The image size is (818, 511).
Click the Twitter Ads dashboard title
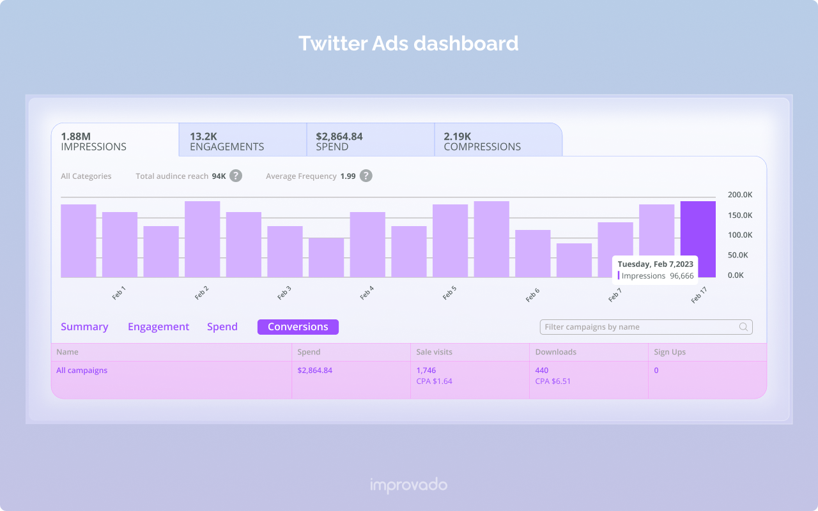(x=408, y=43)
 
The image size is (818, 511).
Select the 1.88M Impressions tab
(x=114, y=141)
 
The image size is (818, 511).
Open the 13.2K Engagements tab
(x=242, y=141)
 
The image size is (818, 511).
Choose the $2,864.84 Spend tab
(x=370, y=141)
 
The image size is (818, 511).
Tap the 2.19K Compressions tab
(x=498, y=141)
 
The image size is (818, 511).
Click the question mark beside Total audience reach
(x=236, y=176)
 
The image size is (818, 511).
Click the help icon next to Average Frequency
(x=366, y=176)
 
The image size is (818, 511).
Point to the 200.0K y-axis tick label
(x=740, y=195)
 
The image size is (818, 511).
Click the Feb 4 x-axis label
(x=367, y=293)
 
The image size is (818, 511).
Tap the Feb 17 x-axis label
(x=698, y=294)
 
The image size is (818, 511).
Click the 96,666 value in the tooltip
(x=681, y=276)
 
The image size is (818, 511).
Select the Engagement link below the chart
(x=158, y=327)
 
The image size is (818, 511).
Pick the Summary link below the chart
(x=84, y=327)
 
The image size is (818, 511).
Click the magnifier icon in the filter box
(x=743, y=327)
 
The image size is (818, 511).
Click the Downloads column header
(x=556, y=352)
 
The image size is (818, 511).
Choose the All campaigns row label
(x=82, y=370)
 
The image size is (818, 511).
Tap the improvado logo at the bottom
(x=408, y=485)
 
